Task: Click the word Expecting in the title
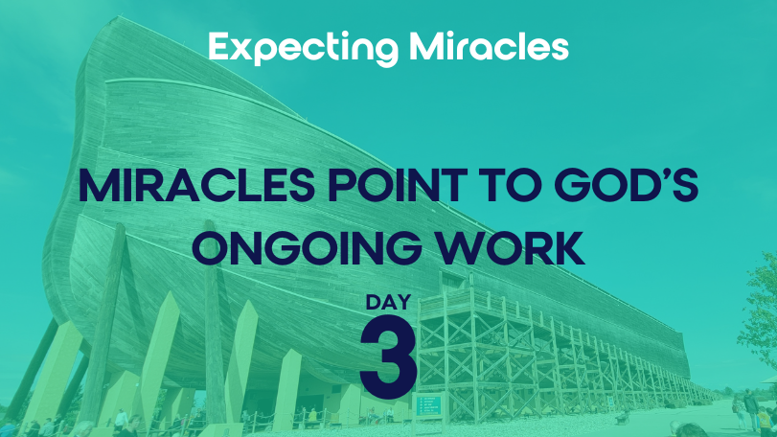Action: pyautogui.click(x=304, y=48)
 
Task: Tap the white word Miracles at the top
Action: pyautogui.click(x=489, y=46)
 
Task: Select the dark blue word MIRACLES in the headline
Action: pyautogui.click(x=196, y=186)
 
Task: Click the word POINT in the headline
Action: pyautogui.click(x=397, y=186)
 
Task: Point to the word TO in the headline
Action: pyautogui.click(x=511, y=186)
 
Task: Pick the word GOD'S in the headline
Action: pyautogui.click(x=626, y=185)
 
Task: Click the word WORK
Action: pyautogui.click(x=510, y=247)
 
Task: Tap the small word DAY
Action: pyautogui.click(x=389, y=302)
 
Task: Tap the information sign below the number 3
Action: pyautogui.click(x=428, y=405)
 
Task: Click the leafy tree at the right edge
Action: pyautogui.click(x=760, y=308)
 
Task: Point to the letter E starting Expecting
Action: pyautogui.click(x=218, y=46)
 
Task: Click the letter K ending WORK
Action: pyautogui.click(x=569, y=247)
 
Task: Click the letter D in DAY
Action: pyautogui.click(x=373, y=302)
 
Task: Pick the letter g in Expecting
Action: pyautogui.click(x=385, y=52)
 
